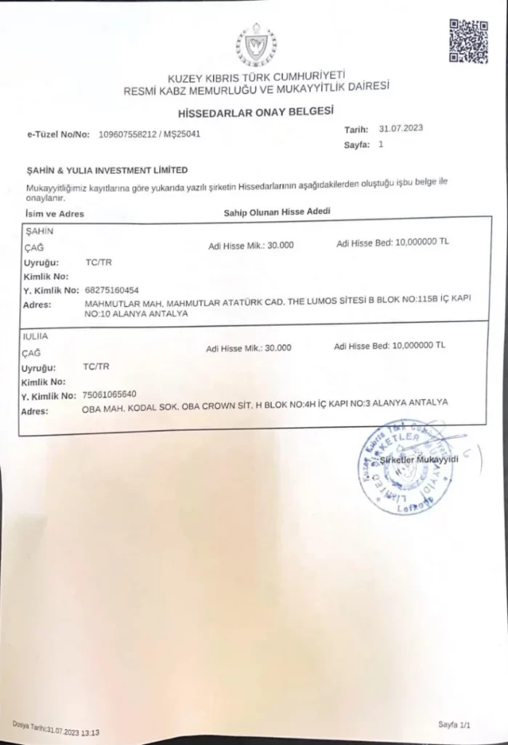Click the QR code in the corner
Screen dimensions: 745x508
[468, 40]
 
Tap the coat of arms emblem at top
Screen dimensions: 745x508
[256, 45]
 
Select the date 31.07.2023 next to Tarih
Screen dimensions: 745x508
[400, 128]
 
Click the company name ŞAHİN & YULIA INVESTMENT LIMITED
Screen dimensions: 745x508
[107, 170]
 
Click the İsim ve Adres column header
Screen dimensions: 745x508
[54, 214]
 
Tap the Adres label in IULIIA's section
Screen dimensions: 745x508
[36, 411]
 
